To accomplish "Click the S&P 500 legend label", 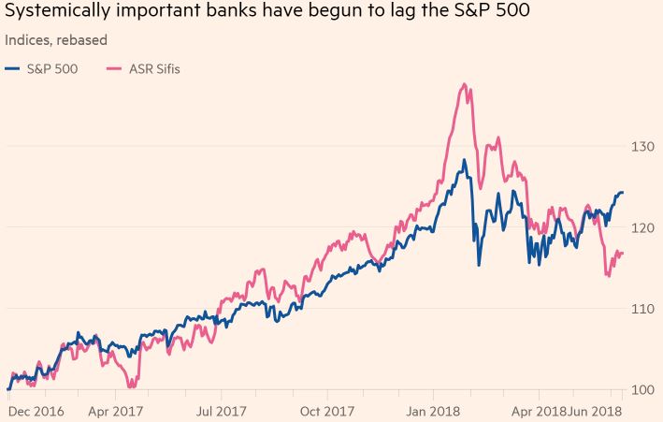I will pos(54,68).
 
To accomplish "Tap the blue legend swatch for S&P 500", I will pos(12,68).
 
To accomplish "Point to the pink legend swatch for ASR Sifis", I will pos(115,68).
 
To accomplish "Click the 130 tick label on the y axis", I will pos(641,147).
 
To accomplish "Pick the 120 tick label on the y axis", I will pos(641,227).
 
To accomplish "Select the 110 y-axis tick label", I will pos(641,309).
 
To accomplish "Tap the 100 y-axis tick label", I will pos(641,389).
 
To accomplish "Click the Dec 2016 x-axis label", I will pos(37,411).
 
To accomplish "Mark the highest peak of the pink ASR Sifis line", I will pos(464,84).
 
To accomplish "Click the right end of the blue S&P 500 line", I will pos(623,193).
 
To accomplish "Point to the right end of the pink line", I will pos(623,254).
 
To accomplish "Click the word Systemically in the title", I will pos(59,14).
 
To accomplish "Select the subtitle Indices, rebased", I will pos(56,40).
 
